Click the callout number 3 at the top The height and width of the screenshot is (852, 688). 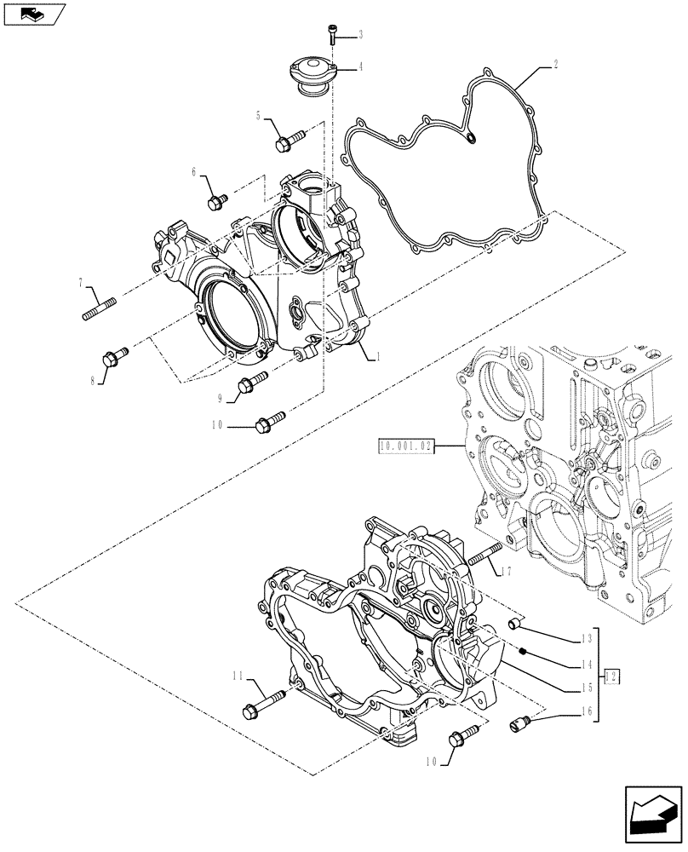coord(360,34)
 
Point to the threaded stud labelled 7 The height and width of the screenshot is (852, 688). coord(99,306)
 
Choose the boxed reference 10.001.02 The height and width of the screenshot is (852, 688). coord(404,445)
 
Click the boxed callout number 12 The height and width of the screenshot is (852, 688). coord(611,676)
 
